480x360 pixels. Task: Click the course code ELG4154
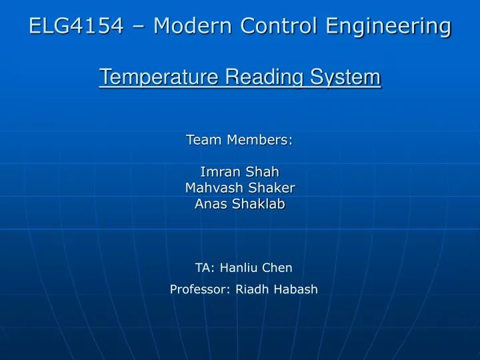(77, 27)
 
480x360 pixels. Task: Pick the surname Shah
(264, 172)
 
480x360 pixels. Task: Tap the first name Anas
(210, 204)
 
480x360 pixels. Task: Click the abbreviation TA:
(205, 268)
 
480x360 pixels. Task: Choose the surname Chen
(279, 268)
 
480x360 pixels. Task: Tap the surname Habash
(296, 289)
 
